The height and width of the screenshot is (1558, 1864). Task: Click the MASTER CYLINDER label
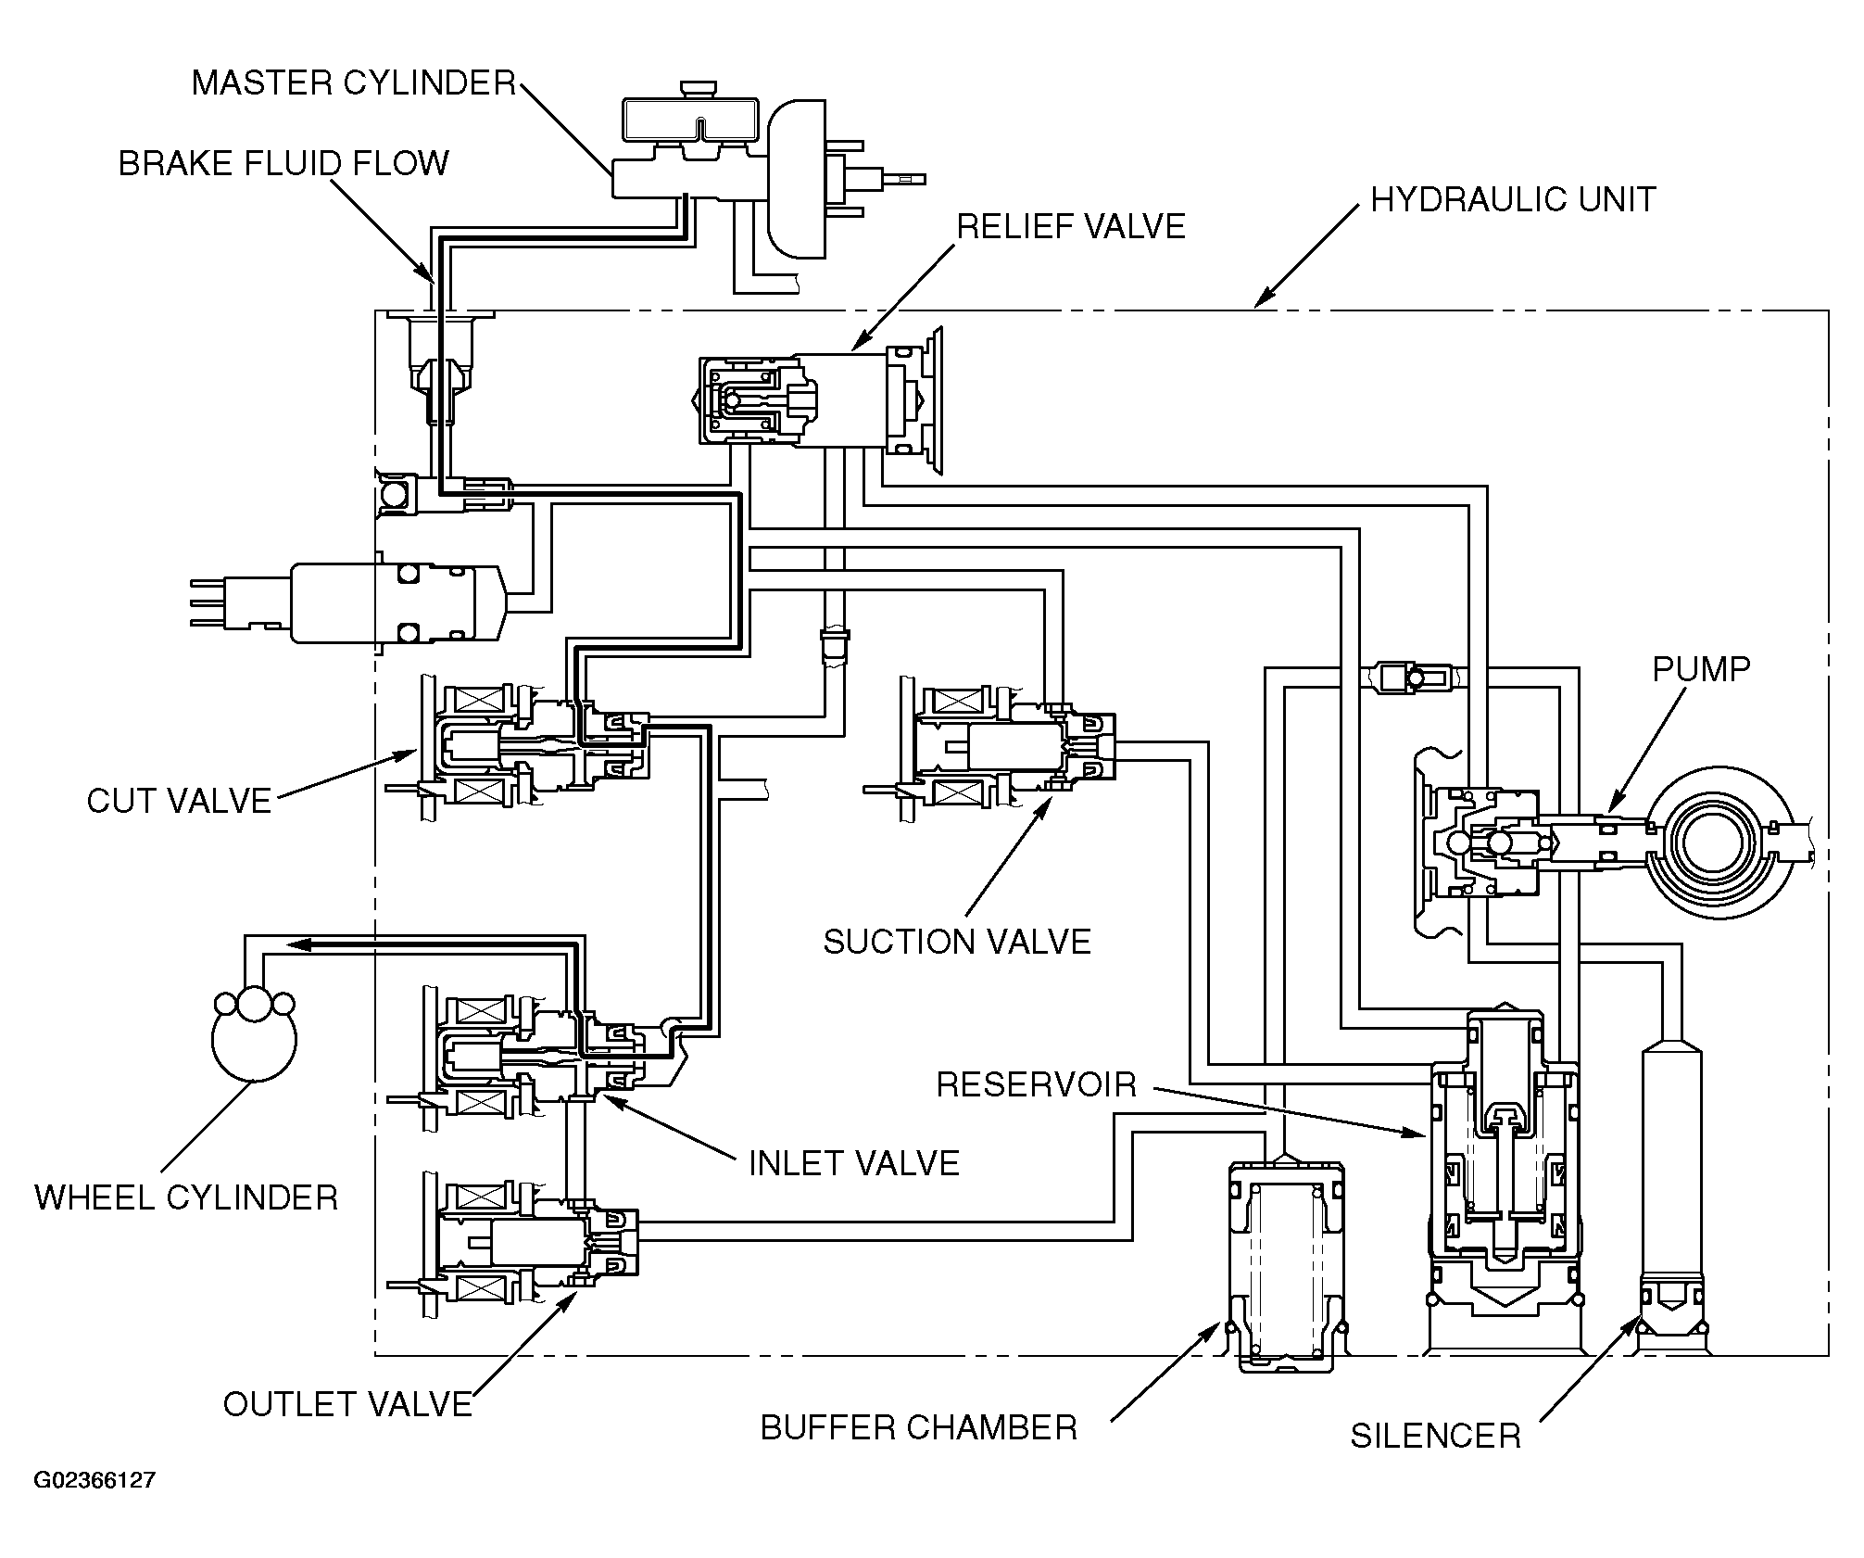(x=354, y=83)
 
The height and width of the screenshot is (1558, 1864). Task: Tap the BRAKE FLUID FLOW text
(x=283, y=163)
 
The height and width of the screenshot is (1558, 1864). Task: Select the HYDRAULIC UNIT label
(x=1514, y=200)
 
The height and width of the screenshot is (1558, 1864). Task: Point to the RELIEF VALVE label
(x=1072, y=227)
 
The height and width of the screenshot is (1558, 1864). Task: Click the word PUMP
(x=1702, y=669)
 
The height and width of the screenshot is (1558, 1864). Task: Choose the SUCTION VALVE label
(x=958, y=943)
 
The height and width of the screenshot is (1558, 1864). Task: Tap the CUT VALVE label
(x=180, y=802)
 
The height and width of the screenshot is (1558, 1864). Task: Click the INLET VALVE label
(x=854, y=1163)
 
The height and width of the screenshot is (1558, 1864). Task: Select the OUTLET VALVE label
(x=348, y=1404)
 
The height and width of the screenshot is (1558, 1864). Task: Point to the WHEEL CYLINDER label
(x=186, y=1197)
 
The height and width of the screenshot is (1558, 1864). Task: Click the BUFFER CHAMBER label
(x=919, y=1428)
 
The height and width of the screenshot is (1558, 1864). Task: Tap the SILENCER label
(x=1436, y=1437)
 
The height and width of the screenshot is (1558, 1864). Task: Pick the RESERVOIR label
(x=1037, y=1084)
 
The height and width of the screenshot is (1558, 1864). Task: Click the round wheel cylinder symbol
(x=254, y=1035)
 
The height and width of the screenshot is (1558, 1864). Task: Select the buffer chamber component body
(x=1287, y=1265)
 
